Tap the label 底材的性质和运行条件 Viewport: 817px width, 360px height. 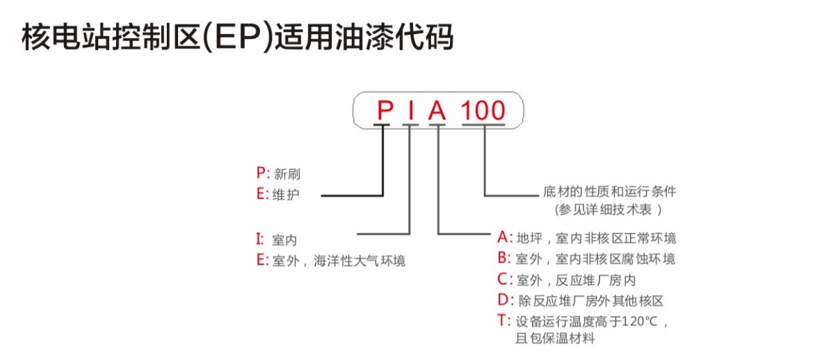[609, 190]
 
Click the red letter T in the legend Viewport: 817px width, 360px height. [503, 321]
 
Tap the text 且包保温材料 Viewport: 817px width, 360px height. [555, 340]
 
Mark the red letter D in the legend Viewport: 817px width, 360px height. [504, 301]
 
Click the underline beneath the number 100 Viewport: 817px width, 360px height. [484, 125]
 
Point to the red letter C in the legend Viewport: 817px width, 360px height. [504, 280]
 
